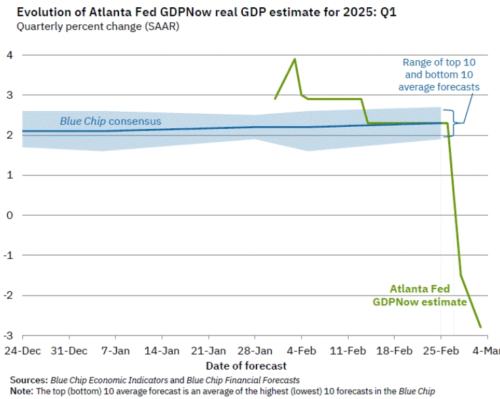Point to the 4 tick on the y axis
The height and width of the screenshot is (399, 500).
click(x=9, y=55)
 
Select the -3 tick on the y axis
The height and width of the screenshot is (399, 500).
click(x=7, y=336)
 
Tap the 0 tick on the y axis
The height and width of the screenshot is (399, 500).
click(x=9, y=215)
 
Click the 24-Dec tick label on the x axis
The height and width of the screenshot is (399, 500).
click(x=22, y=351)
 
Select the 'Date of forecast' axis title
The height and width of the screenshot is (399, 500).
click(x=246, y=366)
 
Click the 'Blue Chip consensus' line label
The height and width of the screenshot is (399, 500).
click(x=111, y=121)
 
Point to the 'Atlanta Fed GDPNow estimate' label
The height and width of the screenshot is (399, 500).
click(x=420, y=295)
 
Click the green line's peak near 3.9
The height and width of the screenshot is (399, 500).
click(x=295, y=59)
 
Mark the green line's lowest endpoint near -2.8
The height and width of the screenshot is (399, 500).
click(x=481, y=327)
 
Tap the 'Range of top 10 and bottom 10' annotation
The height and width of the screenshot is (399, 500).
click(x=438, y=75)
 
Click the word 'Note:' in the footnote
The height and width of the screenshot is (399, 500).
click(x=22, y=390)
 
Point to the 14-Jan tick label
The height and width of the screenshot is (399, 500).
click(x=162, y=351)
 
